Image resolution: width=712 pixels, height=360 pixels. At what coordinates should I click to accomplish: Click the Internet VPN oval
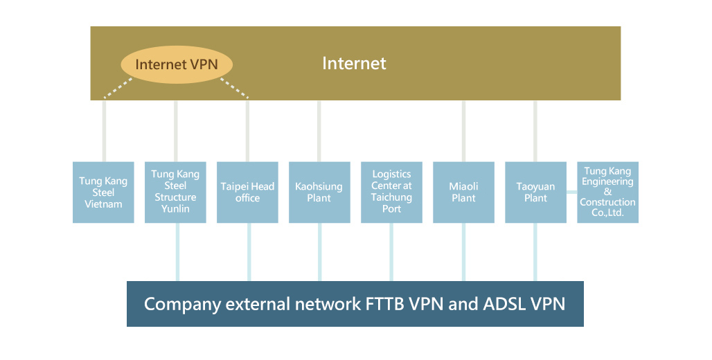pyautogui.click(x=177, y=64)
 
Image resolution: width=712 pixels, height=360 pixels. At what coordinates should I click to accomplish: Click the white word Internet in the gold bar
pyautogui.click(x=354, y=63)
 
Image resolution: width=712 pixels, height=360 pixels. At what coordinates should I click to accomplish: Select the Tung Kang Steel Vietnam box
pyautogui.click(x=103, y=192)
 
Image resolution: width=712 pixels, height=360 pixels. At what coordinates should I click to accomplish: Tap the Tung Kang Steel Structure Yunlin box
pyautogui.click(x=175, y=192)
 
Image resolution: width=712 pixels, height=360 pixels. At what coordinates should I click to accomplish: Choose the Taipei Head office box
pyautogui.click(x=247, y=192)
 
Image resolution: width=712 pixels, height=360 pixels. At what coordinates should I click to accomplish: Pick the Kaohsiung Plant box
pyautogui.click(x=319, y=192)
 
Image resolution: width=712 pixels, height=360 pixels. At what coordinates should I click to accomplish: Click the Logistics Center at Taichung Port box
pyautogui.click(x=391, y=192)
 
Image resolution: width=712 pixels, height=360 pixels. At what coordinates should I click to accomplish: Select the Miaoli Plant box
pyautogui.click(x=463, y=192)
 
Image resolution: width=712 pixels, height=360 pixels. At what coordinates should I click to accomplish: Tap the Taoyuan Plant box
pyautogui.click(x=536, y=192)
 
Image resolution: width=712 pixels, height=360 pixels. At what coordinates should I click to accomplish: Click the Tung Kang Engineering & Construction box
pyautogui.click(x=607, y=192)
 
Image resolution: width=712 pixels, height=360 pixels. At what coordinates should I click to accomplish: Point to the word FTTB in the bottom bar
pyautogui.click(x=385, y=304)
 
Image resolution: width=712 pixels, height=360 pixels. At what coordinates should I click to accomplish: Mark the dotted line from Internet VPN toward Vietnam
pyautogui.click(x=118, y=88)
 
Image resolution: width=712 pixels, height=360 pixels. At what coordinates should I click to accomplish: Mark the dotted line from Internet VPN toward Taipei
pyautogui.click(x=234, y=88)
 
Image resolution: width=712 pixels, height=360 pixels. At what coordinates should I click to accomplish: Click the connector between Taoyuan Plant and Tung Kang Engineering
pyautogui.click(x=571, y=192)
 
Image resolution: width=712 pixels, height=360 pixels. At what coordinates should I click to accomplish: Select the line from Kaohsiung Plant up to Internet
pyautogui.click(x=319, y=132)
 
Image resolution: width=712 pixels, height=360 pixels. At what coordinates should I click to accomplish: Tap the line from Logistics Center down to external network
pyautogui.click(x=391, y=252)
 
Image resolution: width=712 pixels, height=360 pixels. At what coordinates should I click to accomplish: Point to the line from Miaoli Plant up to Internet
pyautogui.click(x=463, y=132)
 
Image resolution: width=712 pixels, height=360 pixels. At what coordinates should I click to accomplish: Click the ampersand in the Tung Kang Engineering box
pyautogui.click(x=607, y=192)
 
